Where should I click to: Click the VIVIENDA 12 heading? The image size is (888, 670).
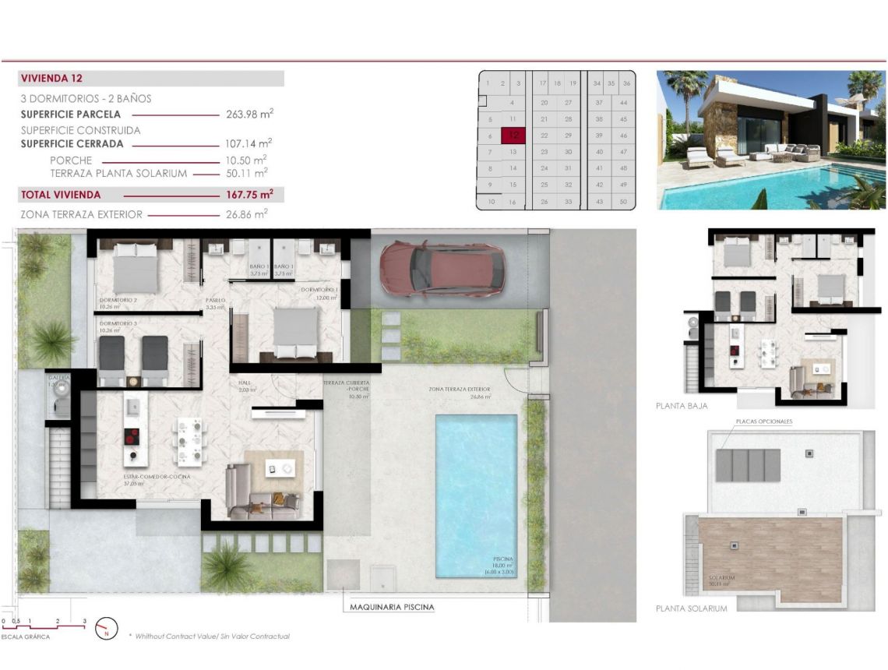(52, 79)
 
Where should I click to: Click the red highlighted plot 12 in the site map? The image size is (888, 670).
(513, 135)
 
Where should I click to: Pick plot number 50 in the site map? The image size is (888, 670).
(623, 202)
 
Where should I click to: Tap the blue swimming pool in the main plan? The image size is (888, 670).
(475, 495)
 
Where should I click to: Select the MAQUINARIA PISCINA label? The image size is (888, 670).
(392, 607)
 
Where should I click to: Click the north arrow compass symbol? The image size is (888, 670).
(105, 627)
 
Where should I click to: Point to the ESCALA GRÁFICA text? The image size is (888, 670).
(25, 637)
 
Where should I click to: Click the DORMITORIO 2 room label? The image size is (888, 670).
(118, 300)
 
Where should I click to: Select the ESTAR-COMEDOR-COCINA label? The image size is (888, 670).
(157, 476)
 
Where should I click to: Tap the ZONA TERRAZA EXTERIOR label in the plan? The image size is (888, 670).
(460, 389)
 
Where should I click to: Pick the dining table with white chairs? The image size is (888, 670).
(190, 441)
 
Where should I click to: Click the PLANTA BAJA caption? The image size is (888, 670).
(682, 406)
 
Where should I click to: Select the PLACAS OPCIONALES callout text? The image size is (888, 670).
(764, 421)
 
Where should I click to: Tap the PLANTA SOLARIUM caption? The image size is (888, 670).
(692, 608)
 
